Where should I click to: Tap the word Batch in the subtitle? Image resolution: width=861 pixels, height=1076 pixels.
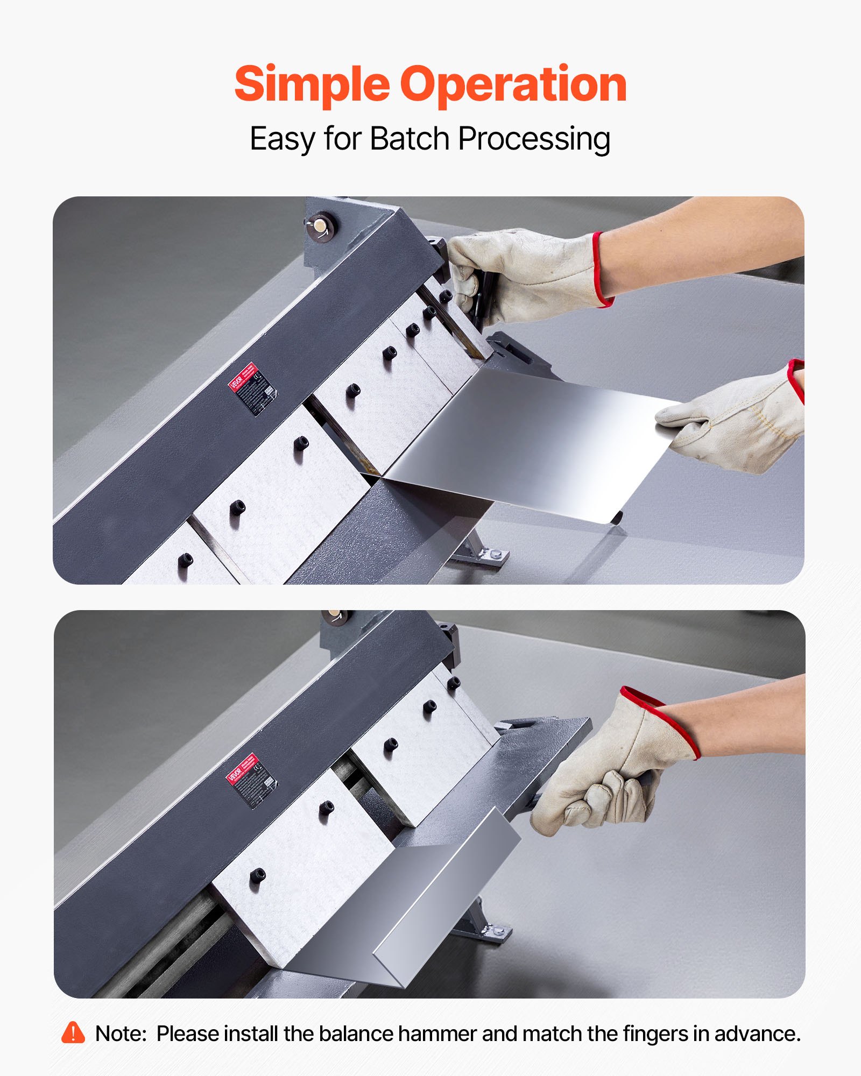410,139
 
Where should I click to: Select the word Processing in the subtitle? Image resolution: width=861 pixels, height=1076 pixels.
534,139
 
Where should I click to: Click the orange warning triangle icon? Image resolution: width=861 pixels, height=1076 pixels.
73,1033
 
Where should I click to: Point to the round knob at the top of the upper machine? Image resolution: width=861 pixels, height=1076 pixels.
321,227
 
